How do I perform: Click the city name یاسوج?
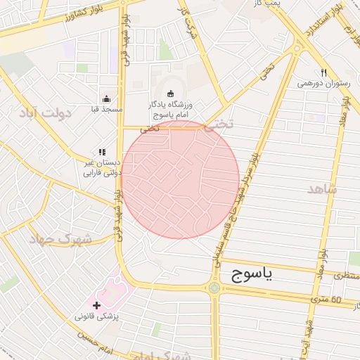[246, 275]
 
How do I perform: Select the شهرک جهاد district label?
[60, 238]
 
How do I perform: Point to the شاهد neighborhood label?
[323, 188]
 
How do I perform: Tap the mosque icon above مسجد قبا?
[106, 98]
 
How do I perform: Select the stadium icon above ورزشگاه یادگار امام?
[169, 94]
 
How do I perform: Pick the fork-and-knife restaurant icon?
[323, 72]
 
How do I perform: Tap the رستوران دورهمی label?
[323, 83]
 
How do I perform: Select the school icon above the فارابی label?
[102, 151]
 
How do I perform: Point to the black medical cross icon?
[96, 305]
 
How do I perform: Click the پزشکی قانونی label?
[98, 316]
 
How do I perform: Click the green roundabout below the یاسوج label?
[214, 288]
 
